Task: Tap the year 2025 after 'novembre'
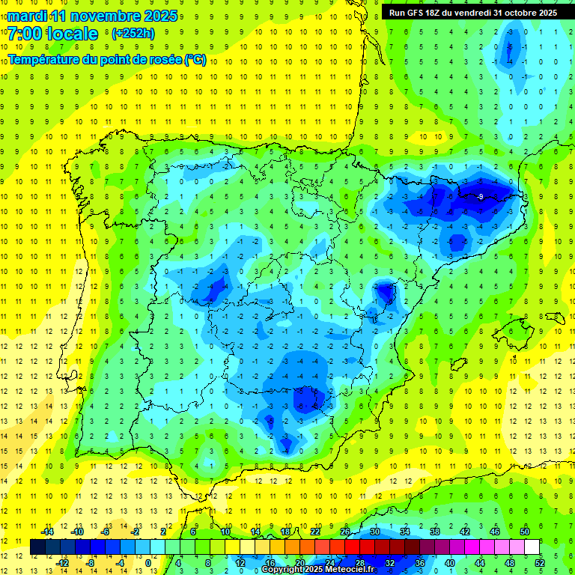[x=160, y=16]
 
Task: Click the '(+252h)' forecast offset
[x=133, y=34]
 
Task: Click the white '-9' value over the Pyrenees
[x=479, y=196]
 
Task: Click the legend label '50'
[x=525, y=532]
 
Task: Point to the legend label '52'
[x=540, y=562]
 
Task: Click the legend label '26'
[x=345, y=532]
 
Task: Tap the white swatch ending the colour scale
[x=532, y=547]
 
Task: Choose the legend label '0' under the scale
[x=149, y=562]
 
